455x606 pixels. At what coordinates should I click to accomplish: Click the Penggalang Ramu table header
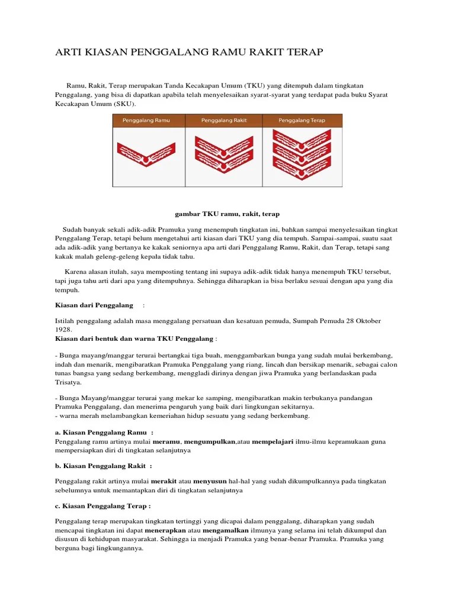[x=146, y=121]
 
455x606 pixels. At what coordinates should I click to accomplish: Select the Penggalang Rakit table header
[x=224, y=121]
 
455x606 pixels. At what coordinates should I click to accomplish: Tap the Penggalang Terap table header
[x=302, y=121]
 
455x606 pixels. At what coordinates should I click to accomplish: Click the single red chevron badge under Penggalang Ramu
[x=146, y=153]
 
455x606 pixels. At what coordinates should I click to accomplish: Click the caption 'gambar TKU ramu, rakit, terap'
[x=227, y=214]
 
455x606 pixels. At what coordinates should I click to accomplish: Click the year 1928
[x=63, y=329]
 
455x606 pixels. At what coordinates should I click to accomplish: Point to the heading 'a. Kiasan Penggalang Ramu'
[x=104, y=433]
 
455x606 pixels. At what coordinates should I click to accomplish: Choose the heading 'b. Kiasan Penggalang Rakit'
[x=103, y=466]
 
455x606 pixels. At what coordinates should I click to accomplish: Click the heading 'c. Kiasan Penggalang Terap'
[x=102, y=507]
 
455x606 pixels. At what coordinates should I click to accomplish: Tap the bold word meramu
[x=167, y=441]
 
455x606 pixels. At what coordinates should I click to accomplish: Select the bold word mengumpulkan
[x=210, y=441]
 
